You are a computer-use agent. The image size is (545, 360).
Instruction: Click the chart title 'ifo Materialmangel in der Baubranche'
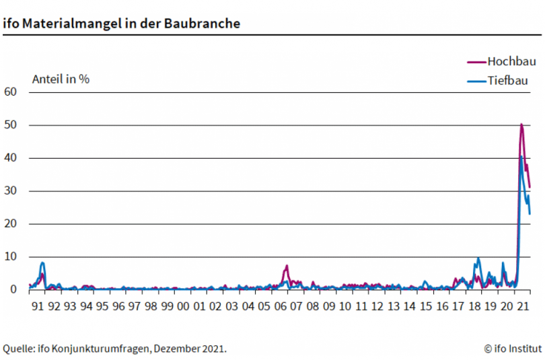click(x=121, y=23)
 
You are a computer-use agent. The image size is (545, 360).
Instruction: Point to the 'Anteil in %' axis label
click(x=61, y=78)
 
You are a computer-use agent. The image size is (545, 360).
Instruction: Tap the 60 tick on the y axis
click(x=10, y=92)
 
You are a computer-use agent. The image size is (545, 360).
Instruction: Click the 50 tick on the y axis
click(x=10, y=125)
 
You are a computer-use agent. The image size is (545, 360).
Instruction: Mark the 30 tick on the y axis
click(x=10, y=191)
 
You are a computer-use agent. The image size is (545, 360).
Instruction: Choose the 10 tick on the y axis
click(x=10, y=257)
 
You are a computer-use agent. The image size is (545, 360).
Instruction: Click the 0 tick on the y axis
click(x=13, y=290)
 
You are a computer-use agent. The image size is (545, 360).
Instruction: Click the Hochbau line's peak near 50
click(x=521, y=124)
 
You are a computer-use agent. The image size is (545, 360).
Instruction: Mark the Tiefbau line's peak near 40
click(x=521, y=157)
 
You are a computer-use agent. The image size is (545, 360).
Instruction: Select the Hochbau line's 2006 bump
click(x=287, y=266)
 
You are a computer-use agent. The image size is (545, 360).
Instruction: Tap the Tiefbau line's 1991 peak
click(x=42, y=262)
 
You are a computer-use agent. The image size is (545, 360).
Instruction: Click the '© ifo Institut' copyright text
click(x=512, y=349)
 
